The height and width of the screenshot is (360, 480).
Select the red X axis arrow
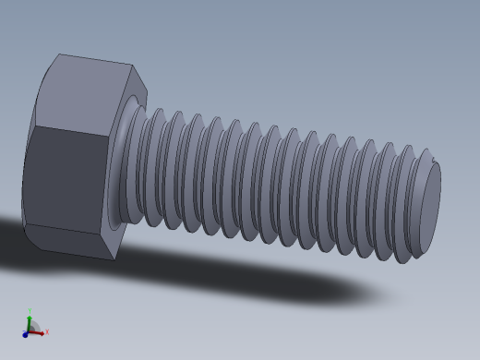click(41, 332)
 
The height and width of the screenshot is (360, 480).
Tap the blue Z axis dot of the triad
click(25, 335)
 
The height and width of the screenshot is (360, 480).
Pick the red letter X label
click(47, 331)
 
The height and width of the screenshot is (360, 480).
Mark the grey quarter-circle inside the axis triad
click(33, 328)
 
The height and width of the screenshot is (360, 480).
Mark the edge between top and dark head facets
click(74, 129)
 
